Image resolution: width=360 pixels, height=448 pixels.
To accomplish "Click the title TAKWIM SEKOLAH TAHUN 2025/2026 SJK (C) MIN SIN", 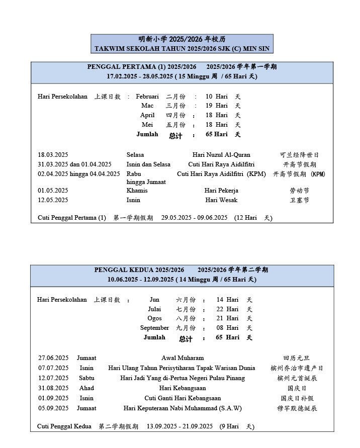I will [182, 49].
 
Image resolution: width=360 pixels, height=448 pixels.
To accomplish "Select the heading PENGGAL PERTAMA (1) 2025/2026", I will [142, 67].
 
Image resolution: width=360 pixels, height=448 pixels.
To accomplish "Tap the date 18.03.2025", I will [53, 155].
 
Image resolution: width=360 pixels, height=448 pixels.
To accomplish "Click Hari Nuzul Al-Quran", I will [221, 155].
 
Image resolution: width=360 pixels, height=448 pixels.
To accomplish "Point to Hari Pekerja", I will [221, 191].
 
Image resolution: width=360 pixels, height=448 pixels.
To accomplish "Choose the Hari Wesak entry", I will [221, 200].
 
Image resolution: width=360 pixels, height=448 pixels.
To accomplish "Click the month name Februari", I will [147, 97].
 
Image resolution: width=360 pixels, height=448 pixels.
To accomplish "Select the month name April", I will [147, 115].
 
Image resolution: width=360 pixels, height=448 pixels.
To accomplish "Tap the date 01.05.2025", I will [53, 191].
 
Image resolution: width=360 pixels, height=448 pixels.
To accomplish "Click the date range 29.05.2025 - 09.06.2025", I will [194, 218].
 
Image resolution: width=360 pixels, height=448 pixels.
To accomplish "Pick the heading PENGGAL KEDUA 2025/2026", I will [139, 270].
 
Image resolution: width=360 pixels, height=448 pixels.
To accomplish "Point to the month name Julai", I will [154, 309].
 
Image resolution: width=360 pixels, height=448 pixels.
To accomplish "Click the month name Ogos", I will [154, 318].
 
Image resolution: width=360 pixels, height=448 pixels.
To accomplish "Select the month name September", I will [154, 328].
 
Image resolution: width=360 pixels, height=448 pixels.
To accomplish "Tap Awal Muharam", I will [183, 358].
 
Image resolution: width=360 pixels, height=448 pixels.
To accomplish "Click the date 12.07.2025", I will [53, 378].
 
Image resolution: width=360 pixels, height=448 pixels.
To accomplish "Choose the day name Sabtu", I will [86, 378].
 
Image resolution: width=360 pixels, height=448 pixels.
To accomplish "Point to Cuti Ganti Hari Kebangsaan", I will [183, 398].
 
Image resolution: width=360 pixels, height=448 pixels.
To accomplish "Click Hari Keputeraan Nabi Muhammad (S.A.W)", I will [183, 408].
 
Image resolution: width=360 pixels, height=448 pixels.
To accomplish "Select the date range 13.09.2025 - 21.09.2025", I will [179, 426].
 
